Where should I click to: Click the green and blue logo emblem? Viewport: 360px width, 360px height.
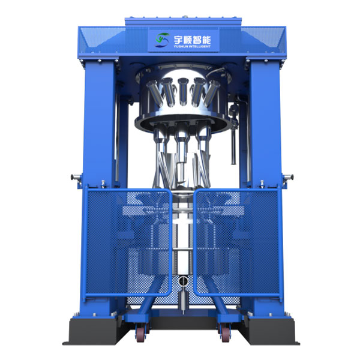point(163,40)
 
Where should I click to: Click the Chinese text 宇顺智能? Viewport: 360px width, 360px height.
point(192,40)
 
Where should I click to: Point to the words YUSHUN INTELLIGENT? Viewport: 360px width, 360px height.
point(192,47)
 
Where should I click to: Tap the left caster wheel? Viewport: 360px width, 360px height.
point(140,334)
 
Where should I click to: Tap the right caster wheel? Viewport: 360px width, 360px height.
point(225,334)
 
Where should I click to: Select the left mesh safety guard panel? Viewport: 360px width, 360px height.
point(128,242)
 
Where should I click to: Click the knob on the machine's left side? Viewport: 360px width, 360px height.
point(75,177)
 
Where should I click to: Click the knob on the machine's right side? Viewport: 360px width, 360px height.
point(289,177)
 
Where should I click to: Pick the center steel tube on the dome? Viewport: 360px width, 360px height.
point(183,91)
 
